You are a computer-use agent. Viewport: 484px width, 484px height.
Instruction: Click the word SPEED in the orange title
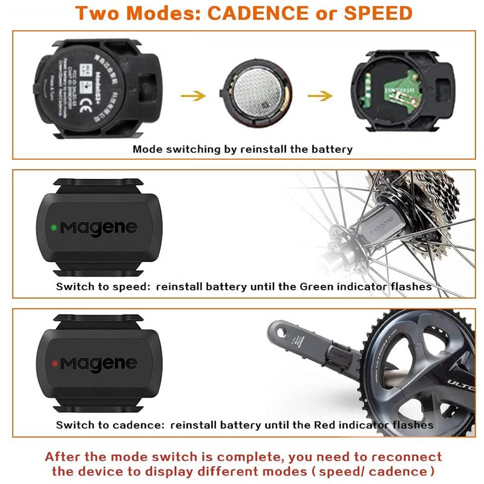(381, 13)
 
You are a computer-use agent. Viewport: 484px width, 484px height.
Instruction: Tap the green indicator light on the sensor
(54, 228)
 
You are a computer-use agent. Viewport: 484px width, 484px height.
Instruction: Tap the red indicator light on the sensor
(54, 363)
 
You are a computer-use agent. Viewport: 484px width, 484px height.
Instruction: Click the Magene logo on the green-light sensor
(98, 229)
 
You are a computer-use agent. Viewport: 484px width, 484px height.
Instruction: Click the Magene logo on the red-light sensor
(98, 363)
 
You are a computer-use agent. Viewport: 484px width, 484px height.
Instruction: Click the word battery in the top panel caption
(326, 149)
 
